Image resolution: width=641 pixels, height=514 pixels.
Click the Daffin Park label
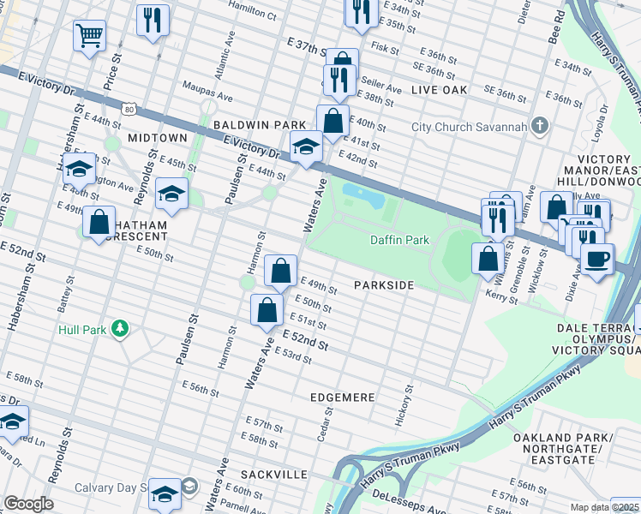click(398, 241)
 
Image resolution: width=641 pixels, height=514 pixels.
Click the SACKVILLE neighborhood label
click(273, 474)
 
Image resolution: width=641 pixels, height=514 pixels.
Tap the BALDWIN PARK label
click(260, 125)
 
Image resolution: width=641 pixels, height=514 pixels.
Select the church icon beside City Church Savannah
click(539, 127)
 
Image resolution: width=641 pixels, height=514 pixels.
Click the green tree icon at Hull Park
click(121, 328)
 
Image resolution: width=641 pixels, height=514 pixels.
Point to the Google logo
click(27, 503)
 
